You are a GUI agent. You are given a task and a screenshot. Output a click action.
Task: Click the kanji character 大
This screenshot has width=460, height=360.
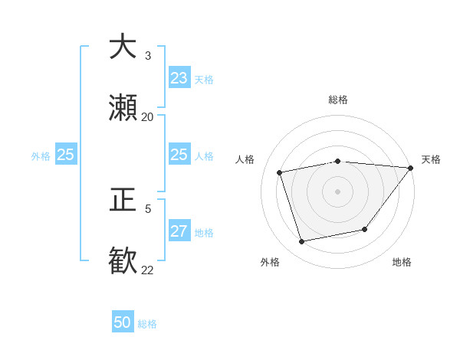pyautogui.click(x=123, y=47)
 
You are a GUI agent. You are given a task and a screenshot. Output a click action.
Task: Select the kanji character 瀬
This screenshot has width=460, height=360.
pyautogui.click(x=123, y=109)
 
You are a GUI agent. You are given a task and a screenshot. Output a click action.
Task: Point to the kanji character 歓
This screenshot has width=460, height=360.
pyautogui.click(x=123, y=260)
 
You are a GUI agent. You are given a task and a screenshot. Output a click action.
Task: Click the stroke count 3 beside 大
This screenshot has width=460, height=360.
pyautogui.click(x=148, y=56)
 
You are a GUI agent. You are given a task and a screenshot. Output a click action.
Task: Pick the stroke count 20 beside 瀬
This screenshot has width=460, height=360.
pyautogui.click(x=148, y=117)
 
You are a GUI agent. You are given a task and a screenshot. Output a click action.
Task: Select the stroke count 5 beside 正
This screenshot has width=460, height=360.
pyautogui.click(x=148, y=208)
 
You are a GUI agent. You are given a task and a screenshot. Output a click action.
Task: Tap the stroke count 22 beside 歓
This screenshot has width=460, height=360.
pyautogui.click(x=148, y=269)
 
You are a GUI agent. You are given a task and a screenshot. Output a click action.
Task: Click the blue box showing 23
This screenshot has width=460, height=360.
pyautogui.click(x=179, y=78)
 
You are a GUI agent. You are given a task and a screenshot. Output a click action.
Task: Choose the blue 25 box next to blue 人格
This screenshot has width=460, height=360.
pyautogui.click(x=179, y=155)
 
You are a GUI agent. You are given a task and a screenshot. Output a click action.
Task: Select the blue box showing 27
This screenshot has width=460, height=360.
pyautogui.click(x=179, y=231)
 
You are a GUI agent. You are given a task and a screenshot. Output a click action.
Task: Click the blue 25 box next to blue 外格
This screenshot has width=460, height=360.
pyautogui.click(x=66, y=155)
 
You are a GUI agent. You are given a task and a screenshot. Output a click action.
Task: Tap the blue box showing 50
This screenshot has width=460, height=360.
pyautogui.click(x=123, y=322)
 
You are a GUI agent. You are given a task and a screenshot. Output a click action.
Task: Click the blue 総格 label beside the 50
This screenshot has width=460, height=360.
pyautogui.click(x=147, y=324)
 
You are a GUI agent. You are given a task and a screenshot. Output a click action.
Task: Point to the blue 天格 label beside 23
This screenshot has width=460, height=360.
pyautogui.click(x=203, y=80)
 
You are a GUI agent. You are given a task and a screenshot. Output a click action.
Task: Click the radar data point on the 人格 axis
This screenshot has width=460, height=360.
pyautogui.click(x=280, y=172)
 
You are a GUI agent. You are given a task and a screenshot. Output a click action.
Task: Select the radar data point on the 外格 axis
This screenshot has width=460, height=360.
pyautogui.click(x=302, y=242)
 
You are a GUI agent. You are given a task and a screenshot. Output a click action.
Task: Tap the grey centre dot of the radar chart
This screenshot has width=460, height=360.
pyautogui.click(x=337, y=191)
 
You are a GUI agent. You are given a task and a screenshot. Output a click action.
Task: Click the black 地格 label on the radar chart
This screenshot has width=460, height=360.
pyautogui.click(x=402, y=262)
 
